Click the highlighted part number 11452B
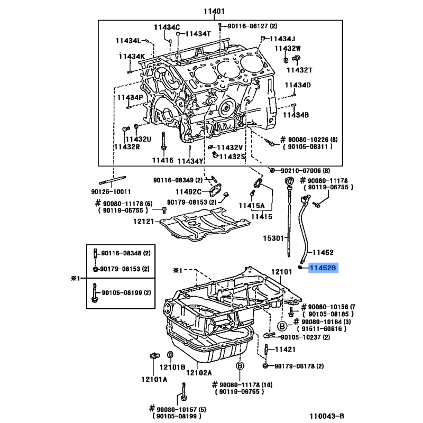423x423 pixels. (x=323, y=268)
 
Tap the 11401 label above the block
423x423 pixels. (x=214, y=11)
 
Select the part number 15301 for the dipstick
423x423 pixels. (x=273, y=238)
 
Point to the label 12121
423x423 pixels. (x=143, y=222)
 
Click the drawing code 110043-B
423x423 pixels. (x=327, y=416)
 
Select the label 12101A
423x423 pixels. (x=154, y=379)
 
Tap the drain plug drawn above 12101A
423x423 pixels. (x=154, y=356)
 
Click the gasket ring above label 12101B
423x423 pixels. (x=170, y=354)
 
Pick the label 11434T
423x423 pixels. (x=198, y=34)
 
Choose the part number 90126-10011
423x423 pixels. (x=111, y=191)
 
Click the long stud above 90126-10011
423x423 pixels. (x=113, y=180)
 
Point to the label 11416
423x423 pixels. (x=163, y=160)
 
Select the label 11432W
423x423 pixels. (x=288, y=48)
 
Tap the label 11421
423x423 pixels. (x=285, y=350)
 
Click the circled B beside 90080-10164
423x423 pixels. (x=282, y=326)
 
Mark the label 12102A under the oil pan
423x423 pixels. (x=199, y=373)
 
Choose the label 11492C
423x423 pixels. (x=188, y=191)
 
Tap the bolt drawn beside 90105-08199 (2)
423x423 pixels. (x=95, y=293)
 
